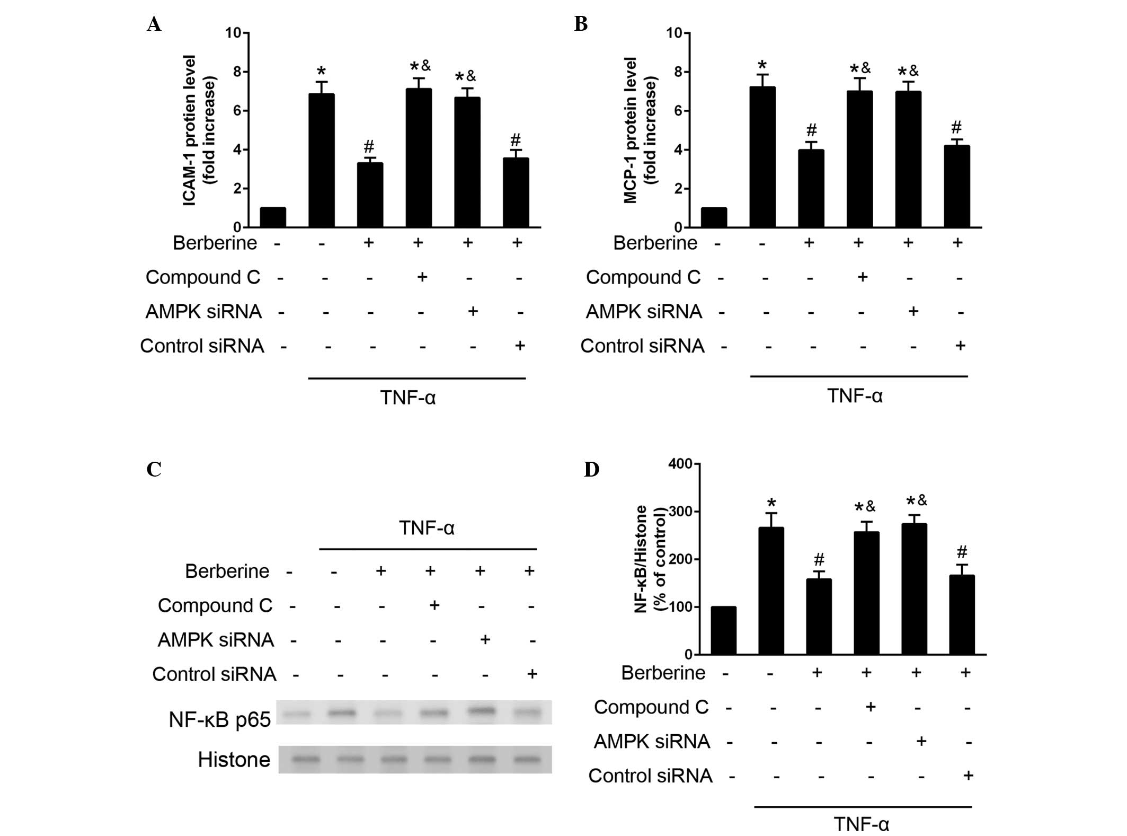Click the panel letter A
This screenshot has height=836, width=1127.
click(154, 24)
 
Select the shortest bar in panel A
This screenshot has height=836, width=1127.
click(273, 217)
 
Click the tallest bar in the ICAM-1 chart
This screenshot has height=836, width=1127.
click(419, 158)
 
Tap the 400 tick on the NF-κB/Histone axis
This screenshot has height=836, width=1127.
click(680, 464)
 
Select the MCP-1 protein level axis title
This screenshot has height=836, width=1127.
click(640, 130)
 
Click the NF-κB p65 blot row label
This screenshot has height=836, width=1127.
click(219, 719)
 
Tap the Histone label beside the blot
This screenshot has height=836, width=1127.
click(234, 760)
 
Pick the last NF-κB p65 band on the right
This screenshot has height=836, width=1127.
click(528, 713)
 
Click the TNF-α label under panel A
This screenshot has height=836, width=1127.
click(407, 398)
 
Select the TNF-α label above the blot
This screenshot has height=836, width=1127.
click(427, 528)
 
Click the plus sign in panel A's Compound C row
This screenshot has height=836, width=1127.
click(422, 277)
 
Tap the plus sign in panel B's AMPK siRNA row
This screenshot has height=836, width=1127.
click(913, 311)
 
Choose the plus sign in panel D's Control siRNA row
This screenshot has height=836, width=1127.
click(968, 776)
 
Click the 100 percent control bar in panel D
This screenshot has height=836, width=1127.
click(723, 630)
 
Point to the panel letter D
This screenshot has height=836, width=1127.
click(591, 470)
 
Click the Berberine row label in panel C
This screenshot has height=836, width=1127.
click(227, 571)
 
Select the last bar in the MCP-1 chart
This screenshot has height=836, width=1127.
click(957, 187)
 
